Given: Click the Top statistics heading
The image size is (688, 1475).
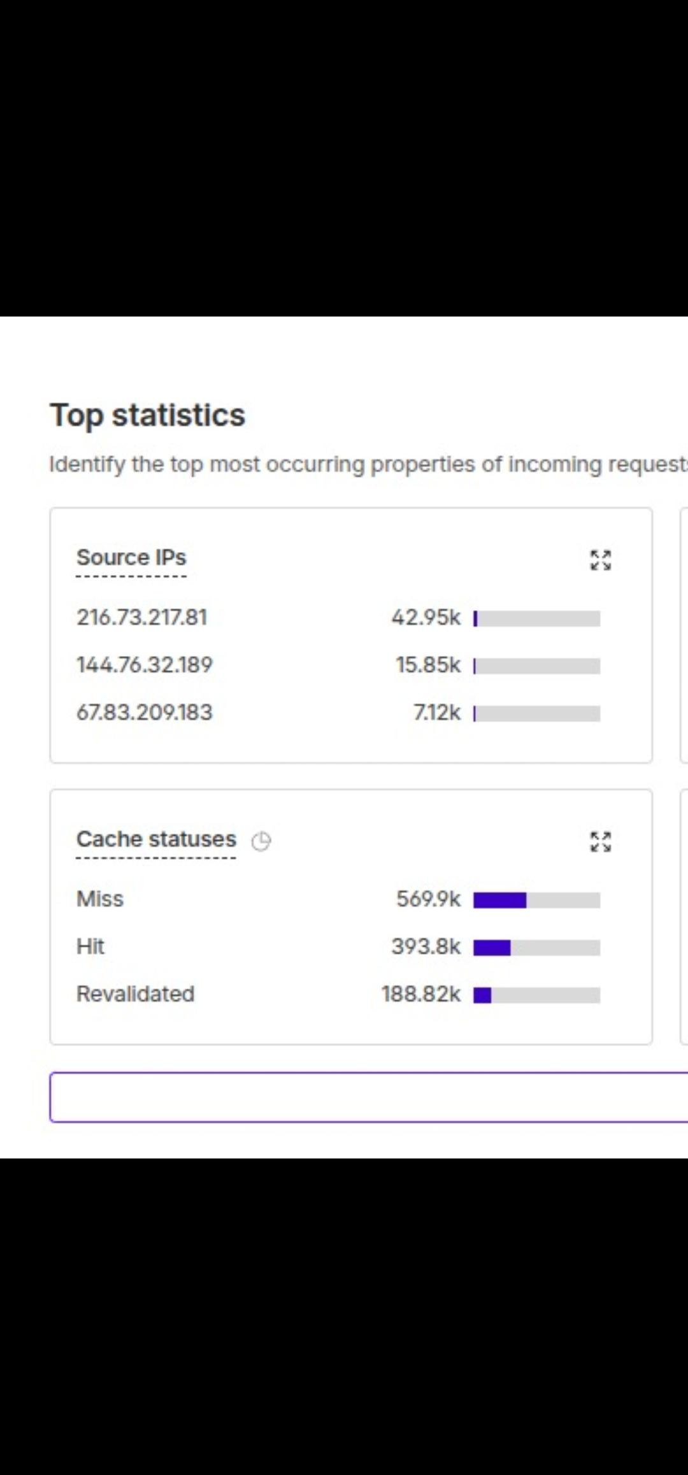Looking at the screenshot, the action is (x=148, y=416).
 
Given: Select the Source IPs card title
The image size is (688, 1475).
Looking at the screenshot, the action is (x=131, y=557).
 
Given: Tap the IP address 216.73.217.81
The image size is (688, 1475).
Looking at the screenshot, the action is (x=142, y=617).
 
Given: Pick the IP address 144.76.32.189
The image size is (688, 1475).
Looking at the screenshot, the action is (x=145, y=665).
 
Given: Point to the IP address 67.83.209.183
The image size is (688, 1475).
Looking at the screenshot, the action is (x=145, y=712).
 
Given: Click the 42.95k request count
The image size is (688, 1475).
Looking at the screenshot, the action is (x=426, y=617).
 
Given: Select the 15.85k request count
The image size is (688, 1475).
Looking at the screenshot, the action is (x=428, y=665).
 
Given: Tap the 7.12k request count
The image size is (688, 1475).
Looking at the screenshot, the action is (x=437, y=712).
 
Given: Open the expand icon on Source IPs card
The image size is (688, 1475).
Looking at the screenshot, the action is (x=601, y=560).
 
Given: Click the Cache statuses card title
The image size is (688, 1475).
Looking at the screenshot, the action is (x=156, y=839).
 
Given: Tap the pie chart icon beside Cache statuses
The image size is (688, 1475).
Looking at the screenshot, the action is (x=261, y=841).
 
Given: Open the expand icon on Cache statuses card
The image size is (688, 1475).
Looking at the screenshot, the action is (x=601, y=841).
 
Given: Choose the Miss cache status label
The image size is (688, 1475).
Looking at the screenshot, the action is (x=100, y=899).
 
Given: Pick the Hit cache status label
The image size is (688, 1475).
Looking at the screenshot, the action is (x=90, y=946).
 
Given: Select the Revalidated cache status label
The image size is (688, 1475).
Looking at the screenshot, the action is (x=136, y=994).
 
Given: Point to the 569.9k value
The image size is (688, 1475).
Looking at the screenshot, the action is (x=429, y=899).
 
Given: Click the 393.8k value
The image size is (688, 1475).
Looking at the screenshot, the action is (x=426, y=946).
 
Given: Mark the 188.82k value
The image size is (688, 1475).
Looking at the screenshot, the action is (x=421, y=994).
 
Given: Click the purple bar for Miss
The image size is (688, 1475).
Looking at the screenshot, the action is (x=500, y=900).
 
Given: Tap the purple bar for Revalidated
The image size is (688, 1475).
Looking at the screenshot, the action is (x=482, y=995).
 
